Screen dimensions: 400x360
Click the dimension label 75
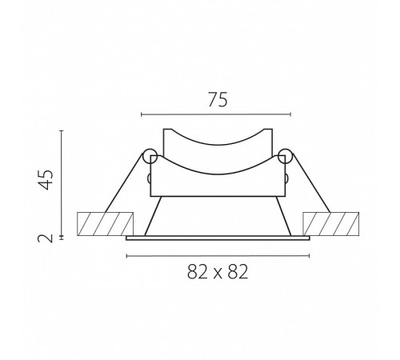tap(218, 100)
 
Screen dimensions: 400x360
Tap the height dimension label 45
tap(46, 179)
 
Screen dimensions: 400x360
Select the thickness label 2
tap(46, 238)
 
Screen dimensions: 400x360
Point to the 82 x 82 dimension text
tap(218, 272)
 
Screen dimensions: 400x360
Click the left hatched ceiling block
tap(105, 224)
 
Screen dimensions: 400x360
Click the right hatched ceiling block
tap(330, 224)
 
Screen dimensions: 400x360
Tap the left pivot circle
tap(150, 156)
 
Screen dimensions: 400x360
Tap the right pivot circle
tap(286, 156)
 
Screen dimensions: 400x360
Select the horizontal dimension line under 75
tap(216, 114)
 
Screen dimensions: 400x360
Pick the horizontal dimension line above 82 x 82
tap(218, 256)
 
